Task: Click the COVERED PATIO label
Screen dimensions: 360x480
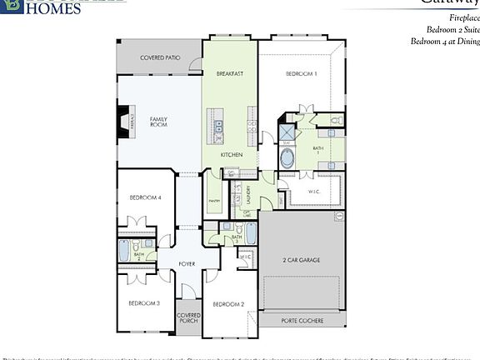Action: tap(161, 57)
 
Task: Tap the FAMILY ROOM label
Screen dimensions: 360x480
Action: tap(158, 123)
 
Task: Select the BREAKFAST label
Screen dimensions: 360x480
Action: tap(230, 74)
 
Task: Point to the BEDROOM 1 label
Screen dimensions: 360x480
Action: tap(302, 74)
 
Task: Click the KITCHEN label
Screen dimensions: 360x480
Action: tap(232, 156)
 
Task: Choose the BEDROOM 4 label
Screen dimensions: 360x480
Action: tap(145, 197)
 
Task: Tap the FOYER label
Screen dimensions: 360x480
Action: tap(187, 263)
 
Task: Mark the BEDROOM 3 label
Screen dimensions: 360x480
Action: tap(144, 303)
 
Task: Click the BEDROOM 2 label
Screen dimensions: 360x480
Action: tap(228, 305)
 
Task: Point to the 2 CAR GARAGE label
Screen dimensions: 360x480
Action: tap(302, 260)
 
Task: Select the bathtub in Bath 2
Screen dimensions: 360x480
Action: tap(124, 250)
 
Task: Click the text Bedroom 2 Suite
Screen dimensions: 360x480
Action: tap(445, 29)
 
